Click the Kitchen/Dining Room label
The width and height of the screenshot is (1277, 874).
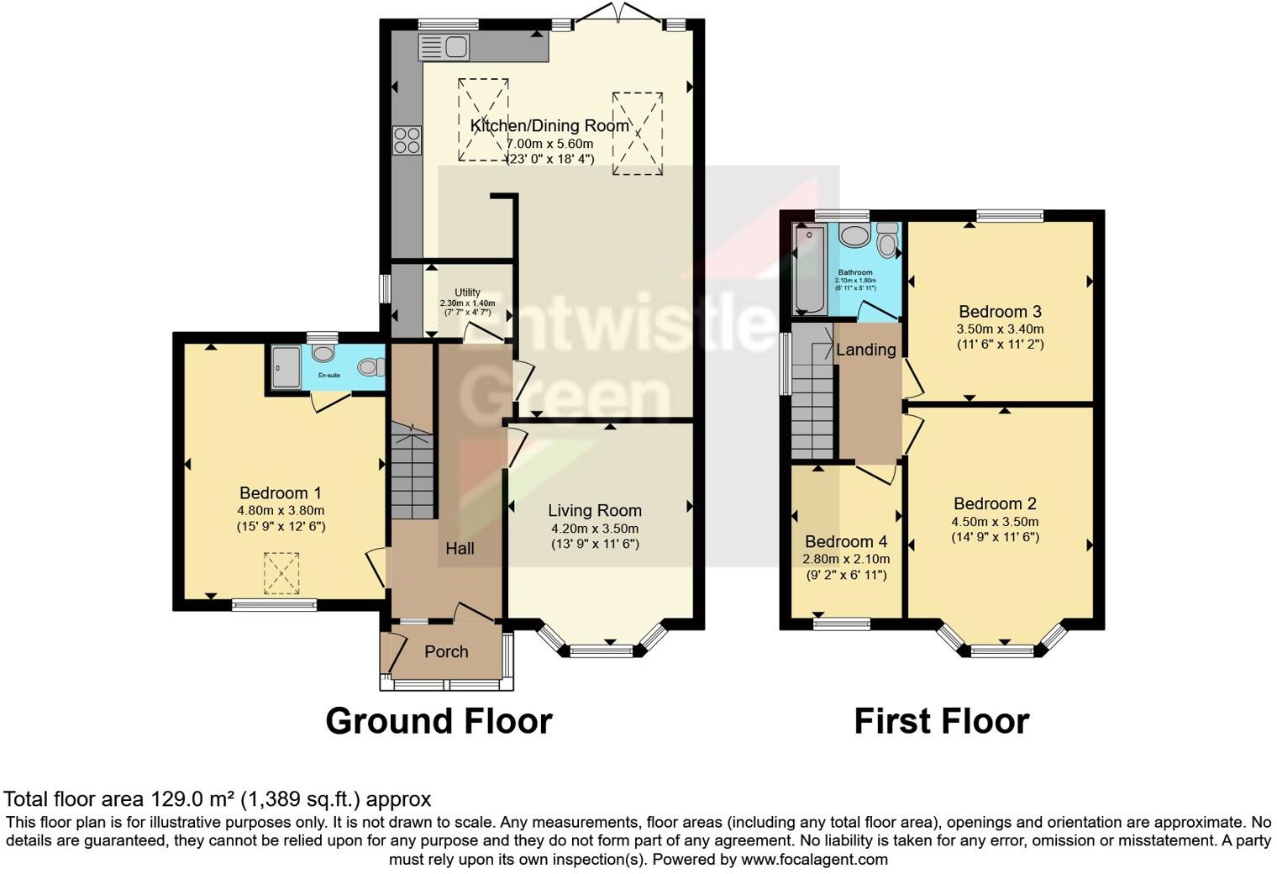tap(549, 126)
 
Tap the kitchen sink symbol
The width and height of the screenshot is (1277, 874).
tap(444, 47)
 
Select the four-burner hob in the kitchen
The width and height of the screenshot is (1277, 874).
tap(407, 140)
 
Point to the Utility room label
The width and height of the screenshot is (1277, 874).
tap(467, 292)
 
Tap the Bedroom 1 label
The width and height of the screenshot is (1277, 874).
tap(281, 493)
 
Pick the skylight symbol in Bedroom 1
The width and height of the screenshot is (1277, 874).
tap(281, 572)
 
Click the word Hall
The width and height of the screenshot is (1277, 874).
tap(460, 549)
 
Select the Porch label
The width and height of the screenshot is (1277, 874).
tap(446, 651)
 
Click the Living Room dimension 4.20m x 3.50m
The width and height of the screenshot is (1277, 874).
tap(595, 529)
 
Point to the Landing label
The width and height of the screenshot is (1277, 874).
tap(866, 350)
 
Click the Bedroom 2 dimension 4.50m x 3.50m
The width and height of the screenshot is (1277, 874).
tap(995, 522)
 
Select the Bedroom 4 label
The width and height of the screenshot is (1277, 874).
tap(846, 542)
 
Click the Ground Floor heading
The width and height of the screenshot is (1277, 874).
tap(439, 721)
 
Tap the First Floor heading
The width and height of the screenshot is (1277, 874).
tap(941, 721)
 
